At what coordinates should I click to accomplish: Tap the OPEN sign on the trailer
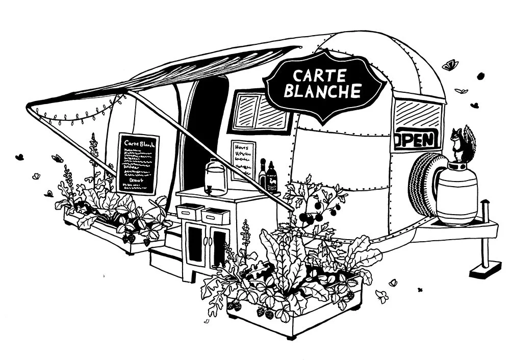coord(416,139)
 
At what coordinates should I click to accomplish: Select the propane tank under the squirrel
coord(457,194)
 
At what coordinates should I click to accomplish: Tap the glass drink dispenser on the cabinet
coord(215,177)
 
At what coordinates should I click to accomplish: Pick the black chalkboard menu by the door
coord(138,163)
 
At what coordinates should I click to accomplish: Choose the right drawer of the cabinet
coord(215,215)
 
